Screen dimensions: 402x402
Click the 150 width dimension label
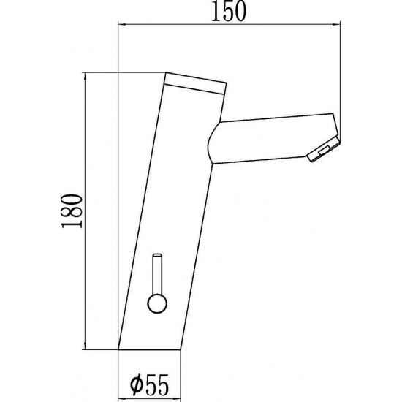click(229, 12)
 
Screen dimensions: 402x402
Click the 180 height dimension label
click(72, 211)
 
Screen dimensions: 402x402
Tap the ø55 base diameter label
click(149, 384)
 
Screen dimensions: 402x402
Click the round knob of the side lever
click(157, 303)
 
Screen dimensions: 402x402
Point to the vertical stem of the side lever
click(157, 274)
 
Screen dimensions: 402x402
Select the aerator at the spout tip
click(324, 149)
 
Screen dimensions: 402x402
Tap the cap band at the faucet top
click(195, 83)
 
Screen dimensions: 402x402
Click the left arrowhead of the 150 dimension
click(122, 25)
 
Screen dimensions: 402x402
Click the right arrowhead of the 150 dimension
click(336, 25)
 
